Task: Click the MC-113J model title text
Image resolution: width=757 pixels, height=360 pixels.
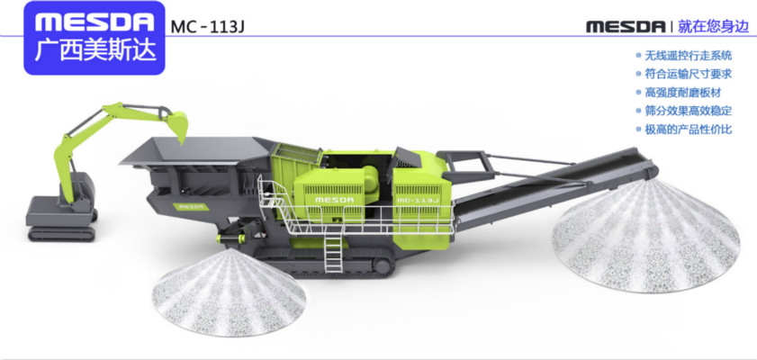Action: (208, 26)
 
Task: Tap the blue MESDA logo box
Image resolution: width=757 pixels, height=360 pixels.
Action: (95, 38)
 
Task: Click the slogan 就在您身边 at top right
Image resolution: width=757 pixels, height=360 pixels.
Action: (715, 26)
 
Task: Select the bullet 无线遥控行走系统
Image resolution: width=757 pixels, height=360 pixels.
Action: (688, 56)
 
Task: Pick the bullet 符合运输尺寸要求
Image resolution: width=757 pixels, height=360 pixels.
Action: (688, 74)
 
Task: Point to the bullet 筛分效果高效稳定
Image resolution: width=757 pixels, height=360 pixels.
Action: (688, 111)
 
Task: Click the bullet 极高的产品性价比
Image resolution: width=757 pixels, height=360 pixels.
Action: (688, 130)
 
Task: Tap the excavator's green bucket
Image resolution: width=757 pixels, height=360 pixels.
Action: (177, 125)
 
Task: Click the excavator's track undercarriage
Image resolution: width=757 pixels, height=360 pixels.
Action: (62, 234)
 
